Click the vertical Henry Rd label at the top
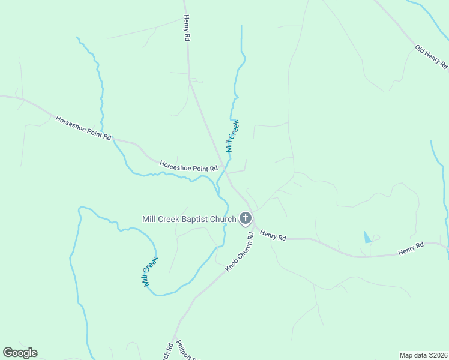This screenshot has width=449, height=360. pos(187,28)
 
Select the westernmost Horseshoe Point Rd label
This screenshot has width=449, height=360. pos(83,128)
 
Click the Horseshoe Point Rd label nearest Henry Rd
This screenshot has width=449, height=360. pos(188,166)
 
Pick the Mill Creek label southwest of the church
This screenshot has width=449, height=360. pos(151,272)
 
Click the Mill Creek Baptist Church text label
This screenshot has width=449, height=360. pos(189,219)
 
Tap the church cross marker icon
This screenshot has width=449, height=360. pos(246,218)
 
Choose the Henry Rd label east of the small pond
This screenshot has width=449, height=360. pos(411,248)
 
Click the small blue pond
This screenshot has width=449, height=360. pos(367,237)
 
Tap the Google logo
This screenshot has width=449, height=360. pos(20,353)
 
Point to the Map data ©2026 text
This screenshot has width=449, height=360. pos(423,355)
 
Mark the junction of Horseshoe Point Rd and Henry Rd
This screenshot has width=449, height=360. pos(225,172)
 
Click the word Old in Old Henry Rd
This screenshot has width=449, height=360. pos(420,47)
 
